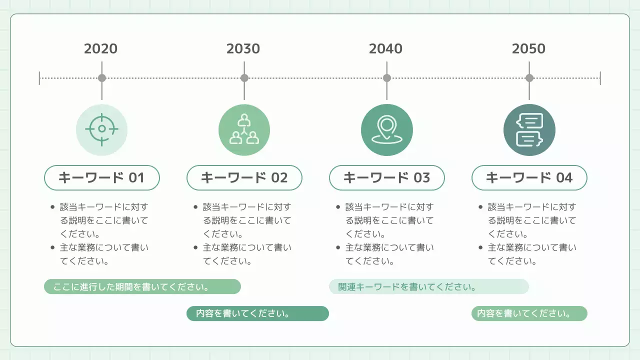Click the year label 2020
[101, 48]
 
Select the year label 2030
[243, 48]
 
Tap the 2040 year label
[385, 48]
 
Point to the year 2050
[528, 48]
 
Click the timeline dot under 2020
[102, 78]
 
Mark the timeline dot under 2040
[386, 78]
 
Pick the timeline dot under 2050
[529, 78]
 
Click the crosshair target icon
[101, 129]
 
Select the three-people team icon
[244, 129]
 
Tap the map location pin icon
[386, 129]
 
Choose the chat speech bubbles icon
[529, 129]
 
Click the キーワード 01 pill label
[102, 177]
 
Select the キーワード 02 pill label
[244, 177]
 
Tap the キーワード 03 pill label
[386, 177]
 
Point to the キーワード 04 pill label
[529, 177]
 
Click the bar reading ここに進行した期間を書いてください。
[142, 287]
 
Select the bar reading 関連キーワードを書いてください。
[428, 287]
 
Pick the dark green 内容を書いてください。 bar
[257, 313]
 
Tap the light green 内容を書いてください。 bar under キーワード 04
[529, 313]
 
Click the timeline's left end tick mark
[39, 78]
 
